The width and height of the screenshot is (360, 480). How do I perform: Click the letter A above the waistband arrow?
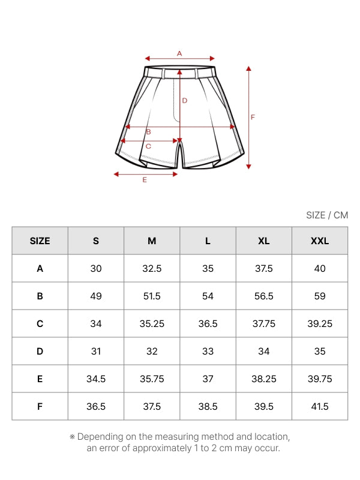pos(179,53)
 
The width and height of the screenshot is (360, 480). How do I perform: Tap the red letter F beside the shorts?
pos(253,117)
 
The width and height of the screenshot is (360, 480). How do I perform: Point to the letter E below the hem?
pos(145,179)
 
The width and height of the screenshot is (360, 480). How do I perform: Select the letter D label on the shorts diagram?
pos(185,100)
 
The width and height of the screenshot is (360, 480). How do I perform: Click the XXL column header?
pos(320,241)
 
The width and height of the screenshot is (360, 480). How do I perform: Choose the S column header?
pos(96,241)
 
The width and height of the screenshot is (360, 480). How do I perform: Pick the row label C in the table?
pos(40,323)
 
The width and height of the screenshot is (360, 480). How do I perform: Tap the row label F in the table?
pos(40,407)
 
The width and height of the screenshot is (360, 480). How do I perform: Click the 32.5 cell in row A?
pos(152,268)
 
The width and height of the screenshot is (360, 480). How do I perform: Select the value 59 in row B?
pos(320,296)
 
